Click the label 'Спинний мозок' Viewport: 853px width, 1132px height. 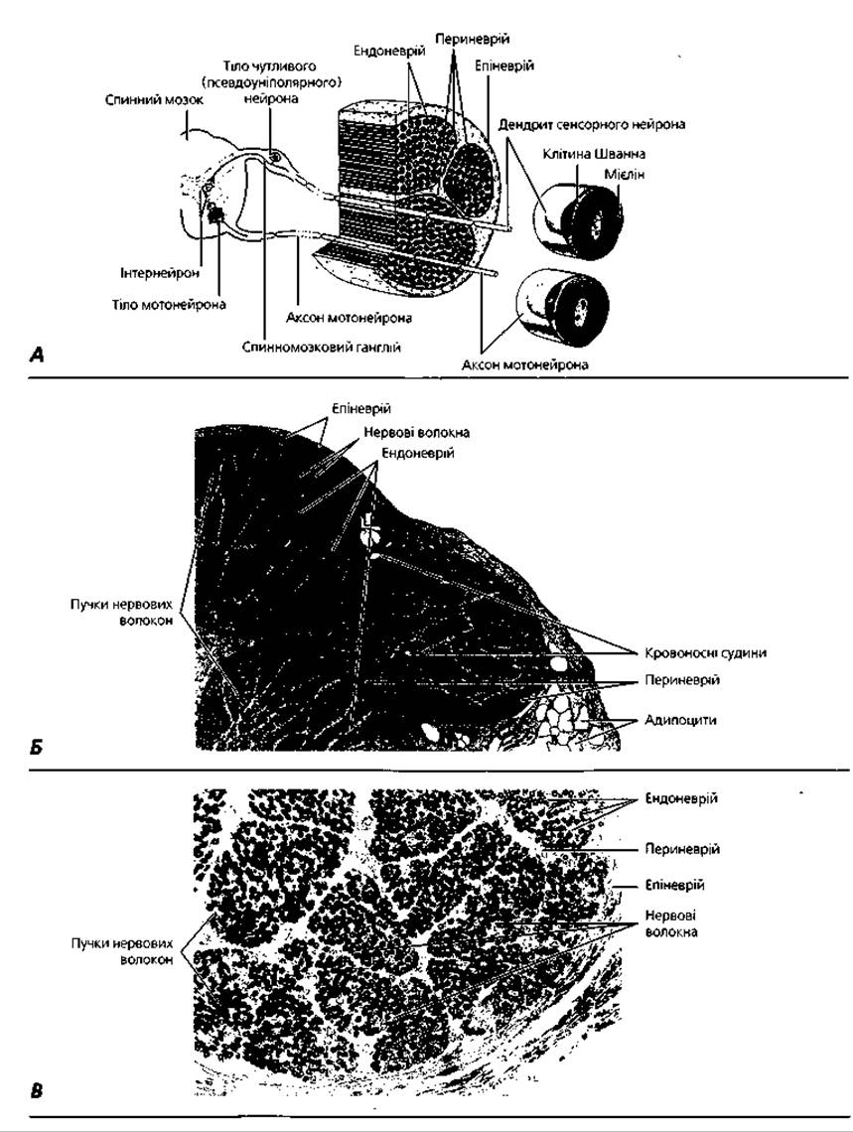(x=155, y=99)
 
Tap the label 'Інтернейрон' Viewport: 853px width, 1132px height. (x=160, y=274)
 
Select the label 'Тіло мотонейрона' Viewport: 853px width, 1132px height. (x=168, y=304)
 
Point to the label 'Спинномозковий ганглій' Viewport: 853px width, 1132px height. (x=322, y=348)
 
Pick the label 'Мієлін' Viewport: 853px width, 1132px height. (x=624, y=175)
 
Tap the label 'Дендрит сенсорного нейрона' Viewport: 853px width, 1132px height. (x=592, y=124)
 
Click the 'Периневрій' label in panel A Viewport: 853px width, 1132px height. (x=473, y=39)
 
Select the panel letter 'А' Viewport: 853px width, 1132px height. (x=38, y=354)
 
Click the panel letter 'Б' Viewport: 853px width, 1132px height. (x=36, y=747)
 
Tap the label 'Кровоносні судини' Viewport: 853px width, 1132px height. (x=706, y=652)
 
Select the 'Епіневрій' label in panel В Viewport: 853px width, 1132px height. (x=674, y=885)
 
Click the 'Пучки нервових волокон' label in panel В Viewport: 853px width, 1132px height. (x=122, y=951)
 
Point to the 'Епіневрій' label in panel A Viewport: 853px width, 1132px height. (x=504, y=66)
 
